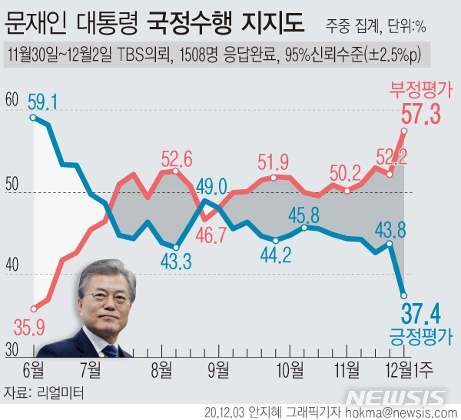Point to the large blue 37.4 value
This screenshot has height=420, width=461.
point(421,314)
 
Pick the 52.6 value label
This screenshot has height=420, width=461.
point(177,158)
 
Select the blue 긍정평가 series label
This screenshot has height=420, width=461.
point(421,337)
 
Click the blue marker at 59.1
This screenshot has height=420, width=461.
point(32,117)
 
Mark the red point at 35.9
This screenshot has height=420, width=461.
point(33,308)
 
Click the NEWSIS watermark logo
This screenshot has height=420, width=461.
point(396,397)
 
